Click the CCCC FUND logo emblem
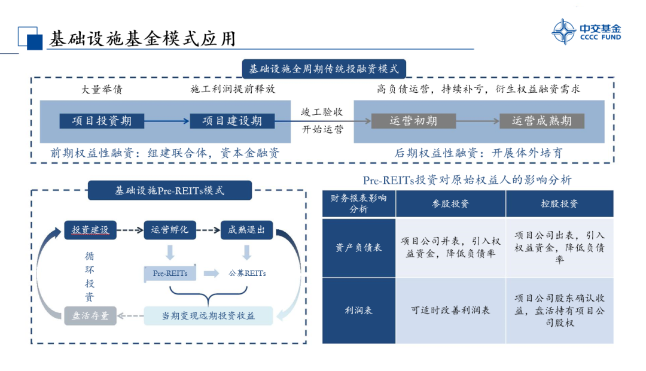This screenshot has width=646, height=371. tap(563, 32)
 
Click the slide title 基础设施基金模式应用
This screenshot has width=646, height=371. tap(142, 39)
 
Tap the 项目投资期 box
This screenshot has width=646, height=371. tap(102, 121)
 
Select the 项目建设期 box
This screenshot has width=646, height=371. tap(232, 121)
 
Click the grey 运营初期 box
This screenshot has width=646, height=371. tap(413, 121)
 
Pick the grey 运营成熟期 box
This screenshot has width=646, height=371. tap(542, 121)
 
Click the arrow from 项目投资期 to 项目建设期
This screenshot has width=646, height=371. tap(167, 121)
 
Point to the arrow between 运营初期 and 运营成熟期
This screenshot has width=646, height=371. tap(477, 121)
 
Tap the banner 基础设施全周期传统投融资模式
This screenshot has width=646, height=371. tap(324, 69)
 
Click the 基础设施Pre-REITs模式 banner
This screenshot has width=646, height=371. tap(170, 191)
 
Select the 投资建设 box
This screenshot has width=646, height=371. tap(90, 230)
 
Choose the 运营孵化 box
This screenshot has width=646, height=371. tap(170, 230)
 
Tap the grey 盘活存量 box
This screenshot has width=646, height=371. tap(90, 315)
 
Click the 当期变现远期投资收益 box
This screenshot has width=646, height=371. tap(208, 315)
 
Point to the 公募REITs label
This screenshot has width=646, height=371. tap(248, 273)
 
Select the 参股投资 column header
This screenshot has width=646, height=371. tap(450, 204)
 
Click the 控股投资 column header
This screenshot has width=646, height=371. tap(559, 204)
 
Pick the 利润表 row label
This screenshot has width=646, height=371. tap(359, 311)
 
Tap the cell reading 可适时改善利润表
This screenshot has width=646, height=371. tap(450, 311)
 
